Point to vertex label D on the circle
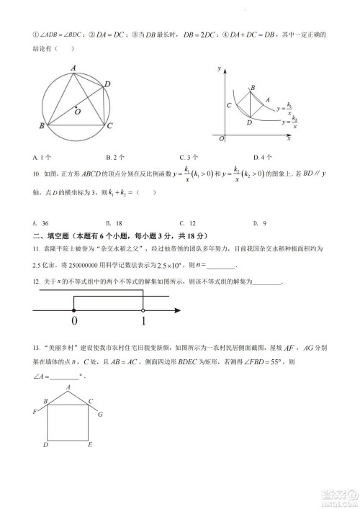pyautogui.click(x=107, y=85)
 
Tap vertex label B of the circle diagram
pyautogui.click(x=42, y=127)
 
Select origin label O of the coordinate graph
pyautogui.click(x=222, y=138)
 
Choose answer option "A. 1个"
pyautogui.click(x=40, y=157)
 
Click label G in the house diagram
pyautogui.click(x=100, y=415)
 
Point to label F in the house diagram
pyautogui.click(x=35, y=411)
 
